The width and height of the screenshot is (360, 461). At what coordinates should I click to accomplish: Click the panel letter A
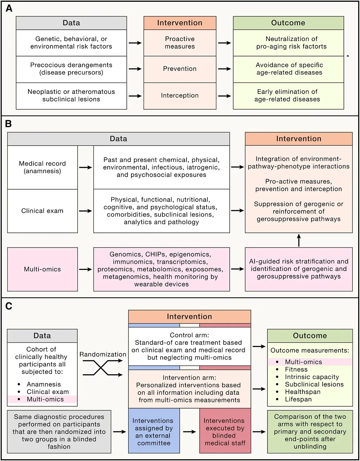pos(9,8)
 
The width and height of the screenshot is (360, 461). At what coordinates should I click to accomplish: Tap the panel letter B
pos(9,124)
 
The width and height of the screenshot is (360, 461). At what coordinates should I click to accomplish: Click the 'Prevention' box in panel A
pos(180,69)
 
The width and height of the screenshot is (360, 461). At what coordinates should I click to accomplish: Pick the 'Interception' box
pos(180,95)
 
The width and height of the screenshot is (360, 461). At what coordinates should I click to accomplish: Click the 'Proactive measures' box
pos(180,42)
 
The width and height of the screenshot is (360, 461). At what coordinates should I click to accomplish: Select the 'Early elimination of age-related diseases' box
pos(288,95)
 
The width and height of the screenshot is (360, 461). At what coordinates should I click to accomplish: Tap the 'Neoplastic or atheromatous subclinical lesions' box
pos(71,95)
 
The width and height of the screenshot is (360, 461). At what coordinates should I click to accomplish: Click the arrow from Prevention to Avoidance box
pos(225,69)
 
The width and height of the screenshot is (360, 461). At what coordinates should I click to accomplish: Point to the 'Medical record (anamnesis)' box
pos(42,167)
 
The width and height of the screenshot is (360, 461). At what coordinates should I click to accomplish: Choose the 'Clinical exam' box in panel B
pos(42,211)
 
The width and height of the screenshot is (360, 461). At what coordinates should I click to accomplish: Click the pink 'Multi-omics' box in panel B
pos(42,269)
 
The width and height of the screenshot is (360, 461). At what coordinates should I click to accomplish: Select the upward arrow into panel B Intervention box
pos(298,240)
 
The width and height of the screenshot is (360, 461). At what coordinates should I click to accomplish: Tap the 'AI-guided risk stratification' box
pos(298,269)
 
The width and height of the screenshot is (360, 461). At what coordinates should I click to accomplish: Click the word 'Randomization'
pos(103,354)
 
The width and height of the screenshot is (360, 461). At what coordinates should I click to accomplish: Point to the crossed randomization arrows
pos(103,368)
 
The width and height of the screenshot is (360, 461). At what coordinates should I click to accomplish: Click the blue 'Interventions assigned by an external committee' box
pos(154,431)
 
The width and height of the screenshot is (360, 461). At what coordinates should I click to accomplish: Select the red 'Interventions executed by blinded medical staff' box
pos(225,431)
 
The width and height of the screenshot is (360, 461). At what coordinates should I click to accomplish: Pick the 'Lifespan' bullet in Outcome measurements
pos(298,399)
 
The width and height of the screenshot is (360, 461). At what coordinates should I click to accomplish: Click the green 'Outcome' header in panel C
pos(310,336)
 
